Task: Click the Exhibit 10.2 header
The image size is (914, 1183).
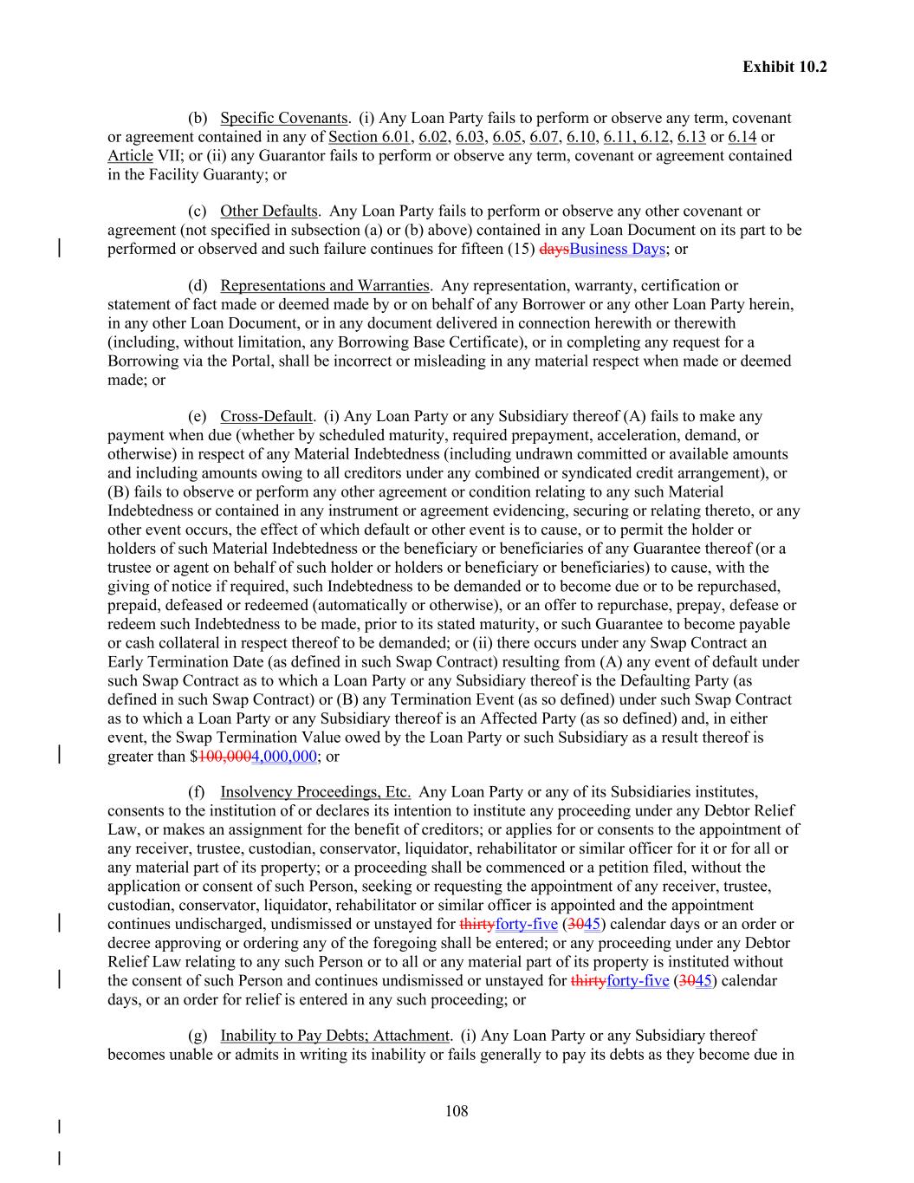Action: (x=784, y=66)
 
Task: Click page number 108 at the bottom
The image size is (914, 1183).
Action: (x=457, y=1111)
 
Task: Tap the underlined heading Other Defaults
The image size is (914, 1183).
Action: (x=269, y=211)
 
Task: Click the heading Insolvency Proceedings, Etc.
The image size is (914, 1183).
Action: (x=315, y=791)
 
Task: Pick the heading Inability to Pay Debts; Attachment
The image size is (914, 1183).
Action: (x=335, y=1035)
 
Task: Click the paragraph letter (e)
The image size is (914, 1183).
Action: (x=197, y=416)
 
